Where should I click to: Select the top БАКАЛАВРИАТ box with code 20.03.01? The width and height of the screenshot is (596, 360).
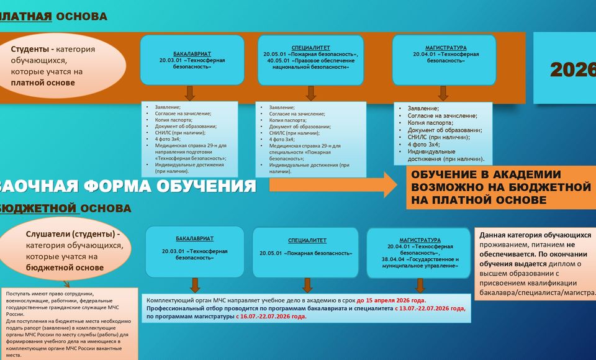pos(192,60)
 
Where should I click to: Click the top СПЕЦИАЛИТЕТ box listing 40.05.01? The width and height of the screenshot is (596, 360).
pos(310,60)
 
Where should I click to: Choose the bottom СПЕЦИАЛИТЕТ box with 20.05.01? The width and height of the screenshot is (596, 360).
pos(305,252)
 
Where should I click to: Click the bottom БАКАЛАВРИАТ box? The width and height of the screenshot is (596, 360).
pos(195,251)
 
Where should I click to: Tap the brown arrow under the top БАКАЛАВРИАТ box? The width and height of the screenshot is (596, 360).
pos(191,93)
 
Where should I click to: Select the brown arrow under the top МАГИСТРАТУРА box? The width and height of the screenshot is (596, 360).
pos(443,93)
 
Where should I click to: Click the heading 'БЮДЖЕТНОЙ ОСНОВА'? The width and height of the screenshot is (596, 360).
pos(65,208)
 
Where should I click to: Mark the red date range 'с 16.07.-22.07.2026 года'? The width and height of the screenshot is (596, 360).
pos(271,316)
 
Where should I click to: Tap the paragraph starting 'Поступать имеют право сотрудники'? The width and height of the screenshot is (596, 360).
pos(68,323)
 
